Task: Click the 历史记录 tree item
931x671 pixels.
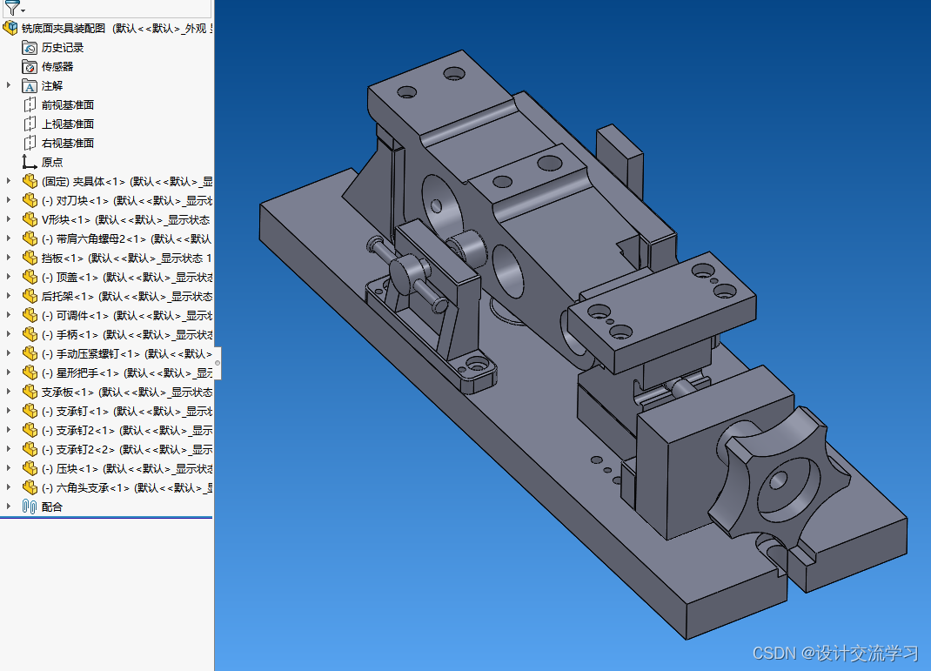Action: (x=63, y=48)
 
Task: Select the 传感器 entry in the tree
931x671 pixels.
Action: (x=57, y=67)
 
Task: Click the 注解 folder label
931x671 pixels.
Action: (x=52, y=86)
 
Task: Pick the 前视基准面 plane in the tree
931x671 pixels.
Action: (x=68, y=105)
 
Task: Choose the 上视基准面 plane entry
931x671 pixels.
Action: (x=68, y=124)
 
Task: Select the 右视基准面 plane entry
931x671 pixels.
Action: (x=68, y=144)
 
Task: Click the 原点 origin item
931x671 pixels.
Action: (x=52, y=163)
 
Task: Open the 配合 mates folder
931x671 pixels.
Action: (x=52, y=507)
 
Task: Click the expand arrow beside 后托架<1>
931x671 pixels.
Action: (x=9, y=297)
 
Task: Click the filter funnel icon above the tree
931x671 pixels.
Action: (x=12, y=9)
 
